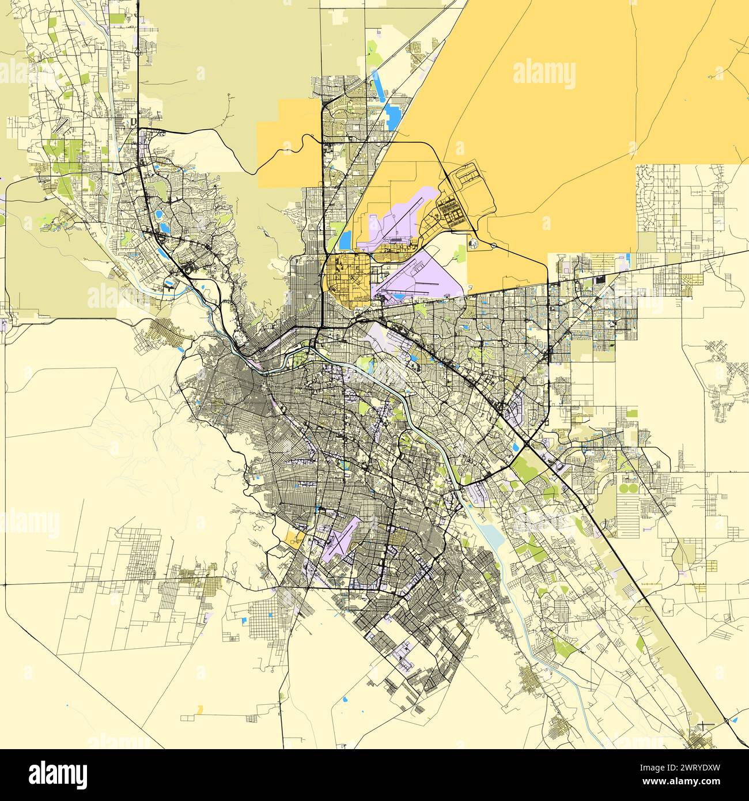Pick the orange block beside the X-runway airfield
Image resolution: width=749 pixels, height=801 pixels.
tap(294, 539)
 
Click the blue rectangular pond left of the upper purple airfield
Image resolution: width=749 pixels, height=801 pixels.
tap(346, 238)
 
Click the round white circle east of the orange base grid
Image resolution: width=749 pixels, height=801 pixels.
tap(474, 244)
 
